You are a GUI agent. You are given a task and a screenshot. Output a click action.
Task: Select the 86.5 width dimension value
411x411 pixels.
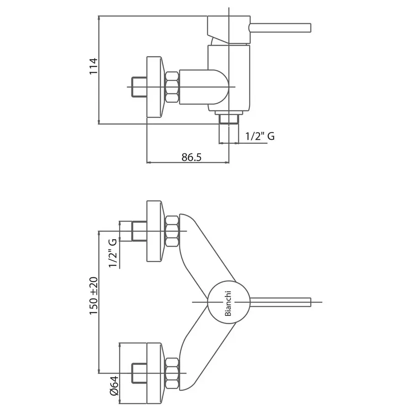point(191,157)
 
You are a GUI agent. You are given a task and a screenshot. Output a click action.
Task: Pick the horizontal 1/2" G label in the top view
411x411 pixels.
point(260,136)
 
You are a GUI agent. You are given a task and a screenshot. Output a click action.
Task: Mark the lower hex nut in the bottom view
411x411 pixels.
point(172,373)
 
